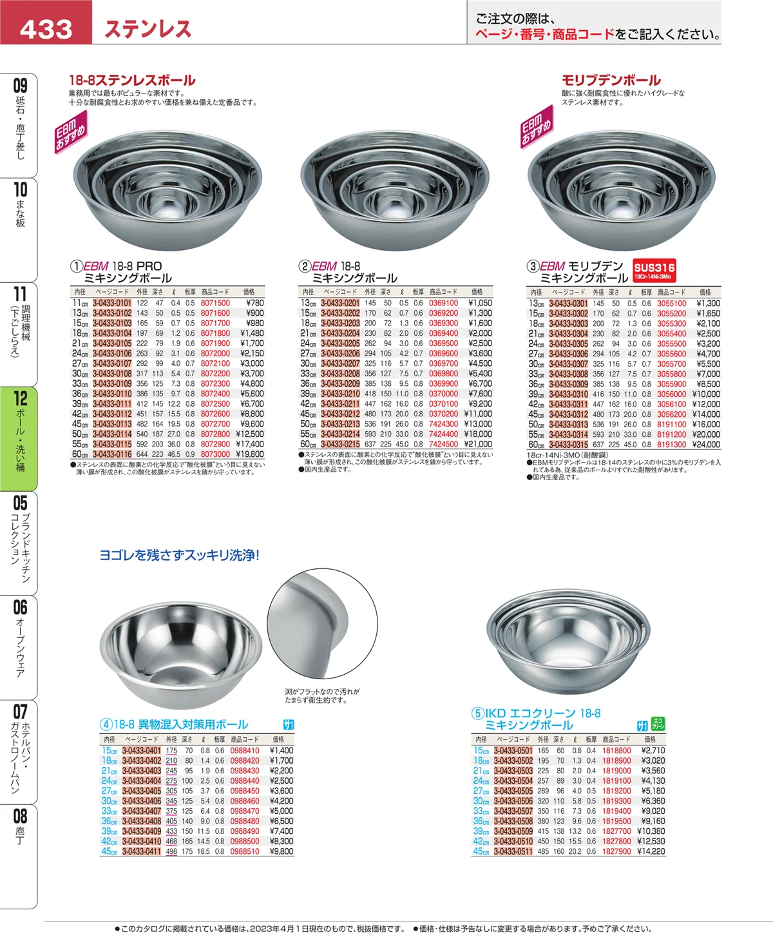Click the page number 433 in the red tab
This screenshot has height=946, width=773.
[46, 29]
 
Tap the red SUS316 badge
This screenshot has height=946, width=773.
[654, 271]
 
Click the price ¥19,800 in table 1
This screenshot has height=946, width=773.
[250, 454]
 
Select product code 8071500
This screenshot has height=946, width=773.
[215, 303]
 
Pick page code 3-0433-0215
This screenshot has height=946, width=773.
[340, 444]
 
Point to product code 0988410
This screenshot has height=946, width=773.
[245, 751]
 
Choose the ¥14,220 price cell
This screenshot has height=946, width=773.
[651, 851]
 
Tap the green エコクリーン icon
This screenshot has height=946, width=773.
[658, 724]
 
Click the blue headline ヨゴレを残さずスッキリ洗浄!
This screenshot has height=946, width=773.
[179, 555]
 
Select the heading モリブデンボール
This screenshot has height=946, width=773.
[611, 81]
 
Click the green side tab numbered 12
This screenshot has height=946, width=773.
[19, 438]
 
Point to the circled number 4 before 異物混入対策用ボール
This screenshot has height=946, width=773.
[106, 724]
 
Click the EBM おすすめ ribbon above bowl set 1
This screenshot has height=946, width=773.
[71, 132]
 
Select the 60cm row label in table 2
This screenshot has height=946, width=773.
[308, 444]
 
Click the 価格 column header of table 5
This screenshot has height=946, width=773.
[650, 739]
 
